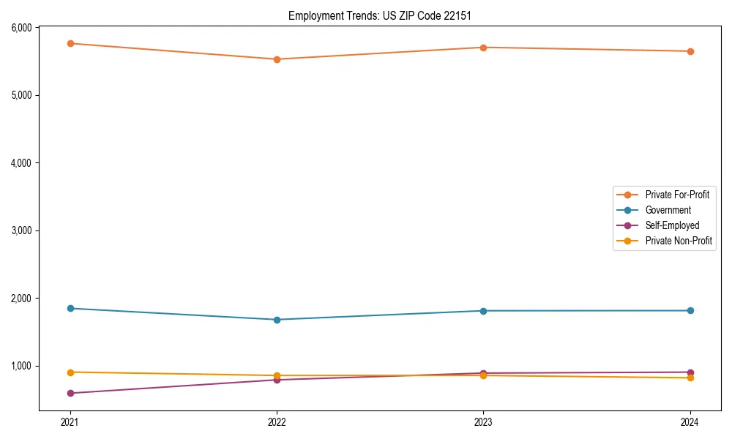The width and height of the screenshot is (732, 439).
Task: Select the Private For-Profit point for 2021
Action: click(70, 44)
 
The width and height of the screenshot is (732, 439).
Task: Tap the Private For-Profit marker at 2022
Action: click(277, 59)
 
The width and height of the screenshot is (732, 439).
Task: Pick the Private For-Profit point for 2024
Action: click(690, 51)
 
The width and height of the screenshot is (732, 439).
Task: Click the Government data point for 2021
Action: click(70, 308)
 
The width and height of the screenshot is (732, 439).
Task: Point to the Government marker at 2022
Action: click(277, 320)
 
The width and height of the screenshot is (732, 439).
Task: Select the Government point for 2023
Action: click(483, 311)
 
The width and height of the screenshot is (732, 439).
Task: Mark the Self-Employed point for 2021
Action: click(70, 393)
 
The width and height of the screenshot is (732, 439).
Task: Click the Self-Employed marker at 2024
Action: click(690, 372)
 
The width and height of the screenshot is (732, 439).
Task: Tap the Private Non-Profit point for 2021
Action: click(70, 372)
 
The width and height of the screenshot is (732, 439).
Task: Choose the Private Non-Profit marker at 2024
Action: click(690, 378)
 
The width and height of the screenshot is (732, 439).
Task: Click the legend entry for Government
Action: click(668, 210)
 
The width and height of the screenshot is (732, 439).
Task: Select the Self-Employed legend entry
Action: click(672, 225)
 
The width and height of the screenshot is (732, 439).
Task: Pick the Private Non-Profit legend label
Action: click(679, 241)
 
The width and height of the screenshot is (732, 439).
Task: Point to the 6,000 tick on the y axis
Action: click(22, 28)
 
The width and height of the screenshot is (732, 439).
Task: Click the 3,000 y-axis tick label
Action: click(22, 230)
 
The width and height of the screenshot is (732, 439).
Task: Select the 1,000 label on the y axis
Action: click(22, 366)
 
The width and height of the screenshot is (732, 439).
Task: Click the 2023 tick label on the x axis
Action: click(483, 422)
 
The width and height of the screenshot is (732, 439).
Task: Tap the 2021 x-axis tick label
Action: click(70, 422)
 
